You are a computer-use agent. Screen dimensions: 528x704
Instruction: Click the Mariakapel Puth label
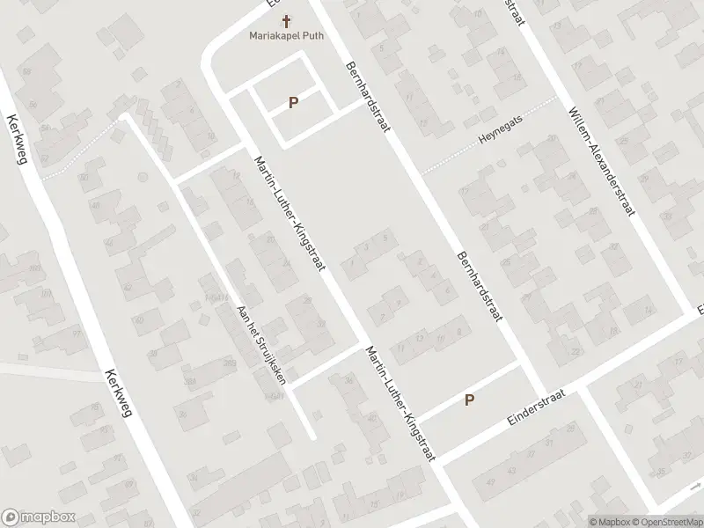(287, 37)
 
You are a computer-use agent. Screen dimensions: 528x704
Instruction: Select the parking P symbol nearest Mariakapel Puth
(293, 103)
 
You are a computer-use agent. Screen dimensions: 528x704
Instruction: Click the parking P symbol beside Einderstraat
(470, 400)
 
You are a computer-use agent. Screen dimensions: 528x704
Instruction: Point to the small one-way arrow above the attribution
(695, 485)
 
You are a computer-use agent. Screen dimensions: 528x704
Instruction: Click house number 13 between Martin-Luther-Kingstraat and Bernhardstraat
(420, 337)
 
